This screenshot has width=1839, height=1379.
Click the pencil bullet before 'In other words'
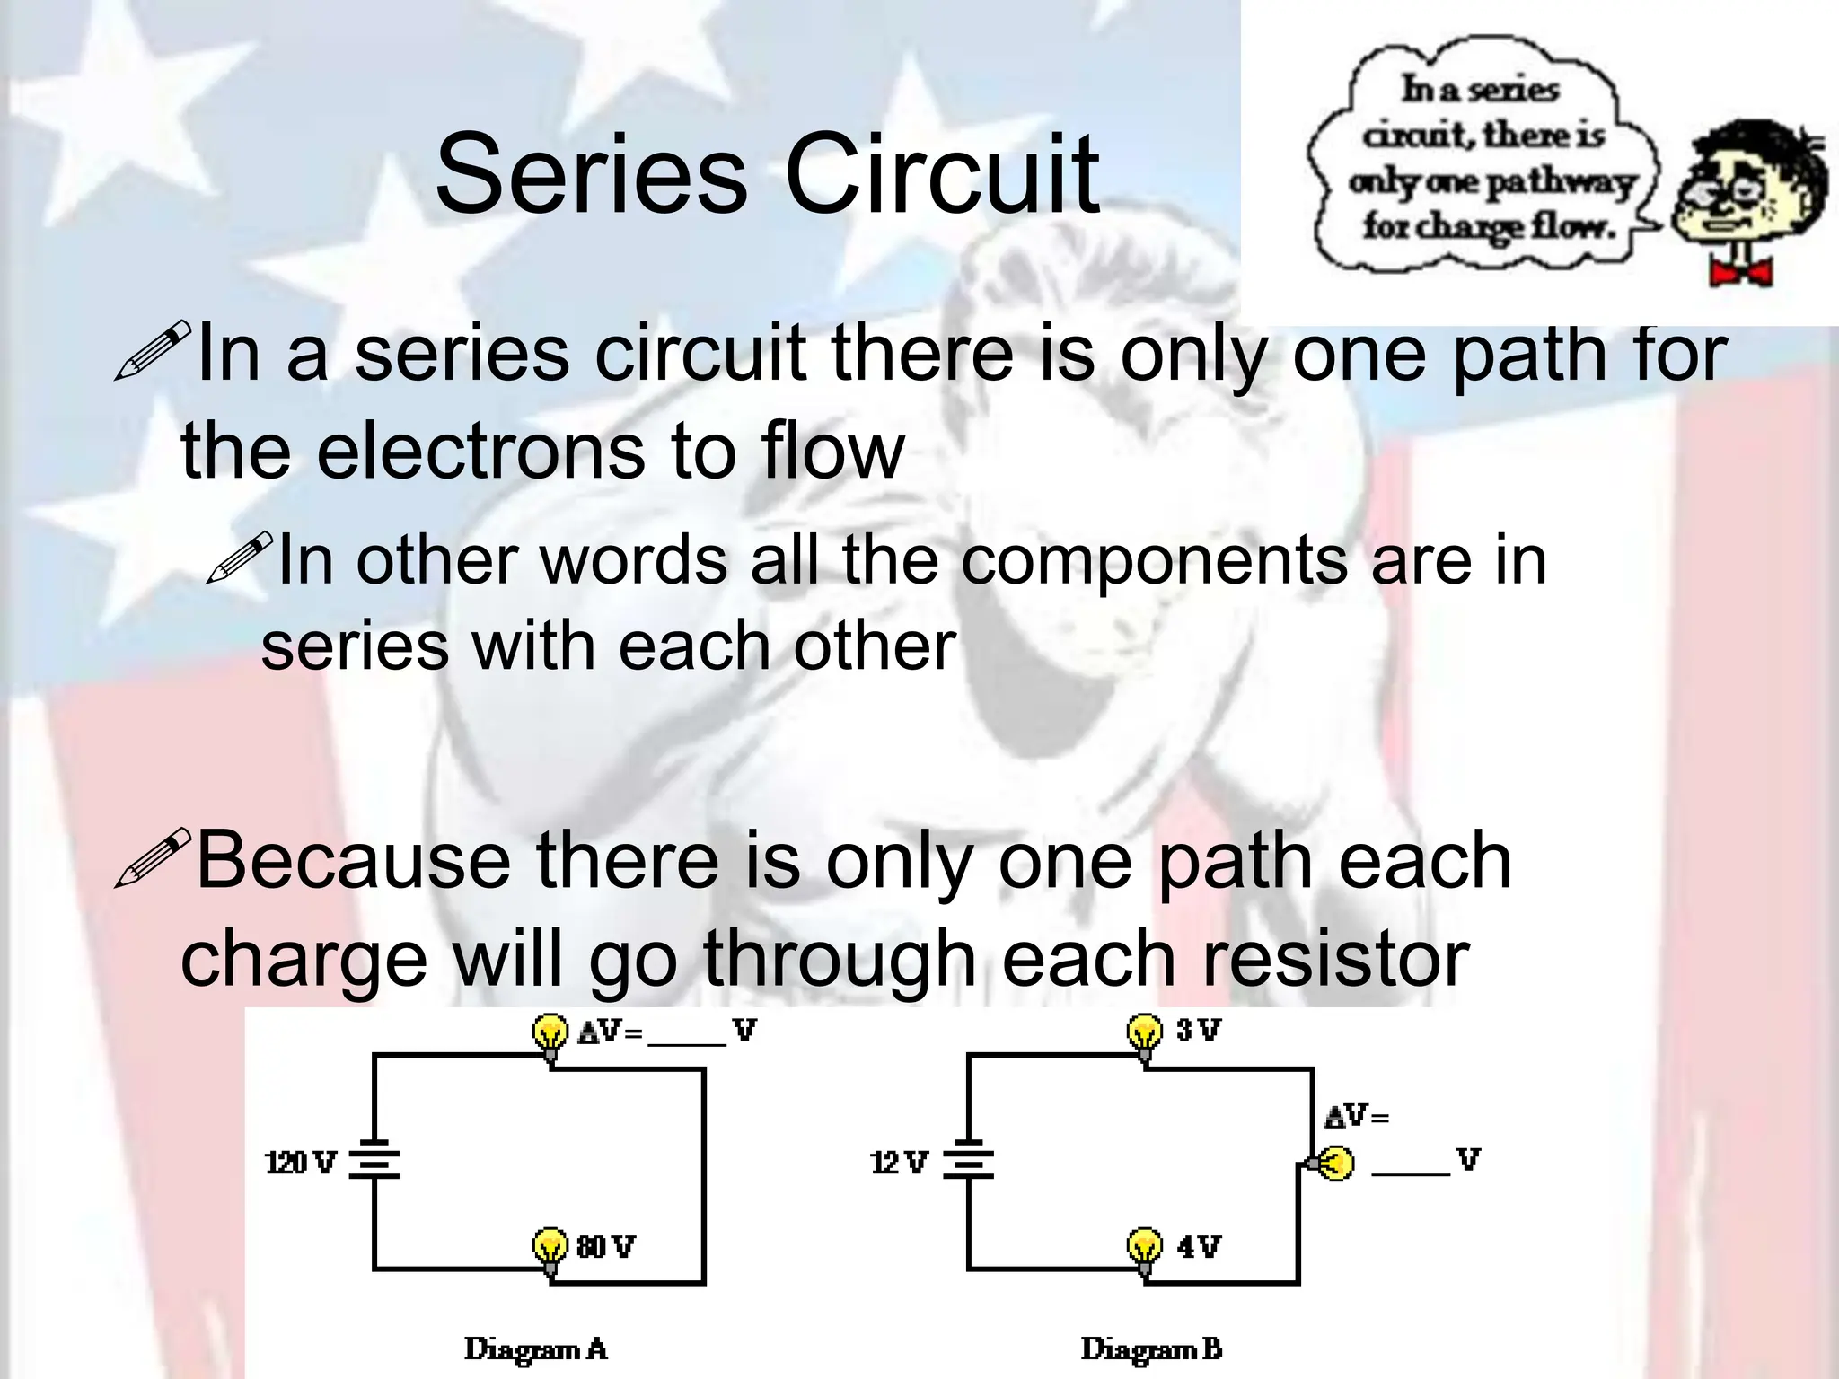[x=239, y=557]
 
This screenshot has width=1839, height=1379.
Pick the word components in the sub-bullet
[x=1153, y=560]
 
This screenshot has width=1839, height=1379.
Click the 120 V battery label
[x=300, y=1163]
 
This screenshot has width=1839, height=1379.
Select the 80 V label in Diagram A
[x=606, y=1246]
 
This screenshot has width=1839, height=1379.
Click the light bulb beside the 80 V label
[x=550, y=1248]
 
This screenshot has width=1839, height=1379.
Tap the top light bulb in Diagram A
[x=550, y=1034]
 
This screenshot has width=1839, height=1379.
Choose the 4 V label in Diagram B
[x=1199, y=1246]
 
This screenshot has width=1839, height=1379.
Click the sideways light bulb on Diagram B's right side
[x=1333, y=1164]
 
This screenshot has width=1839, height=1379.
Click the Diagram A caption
[x=535, y=1348]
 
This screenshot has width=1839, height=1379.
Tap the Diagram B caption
[x=1151, y=1348]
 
